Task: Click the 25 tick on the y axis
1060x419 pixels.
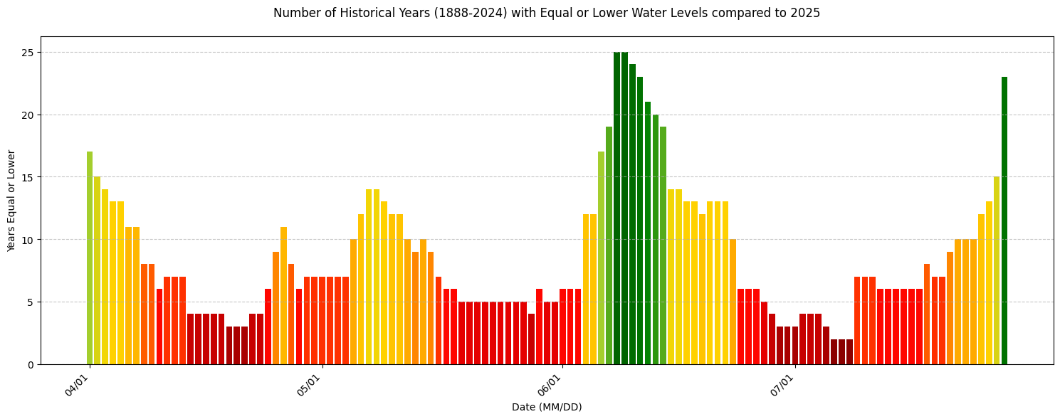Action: pyautogui.click(x=29, y=53)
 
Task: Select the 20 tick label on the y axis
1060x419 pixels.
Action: pyautogui.click(x=29, y=115)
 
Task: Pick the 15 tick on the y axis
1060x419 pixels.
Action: pyautogui.click(x=29, y=177)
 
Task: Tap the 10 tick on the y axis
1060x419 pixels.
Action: pyautogui.click(x=29, y=240)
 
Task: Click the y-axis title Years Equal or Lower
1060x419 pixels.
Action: pyautogui.click(x=11, y=201)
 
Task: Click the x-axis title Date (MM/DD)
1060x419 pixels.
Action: pyautogui.click(x=547, y=407)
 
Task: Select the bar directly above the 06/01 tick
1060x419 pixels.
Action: pyautogui.click(x=562, y=327)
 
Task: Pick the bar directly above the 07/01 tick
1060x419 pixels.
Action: pyautogui.click(x=795, y=346)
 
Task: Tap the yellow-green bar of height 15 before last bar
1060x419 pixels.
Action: pyautogui.click(x=997, y=270)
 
